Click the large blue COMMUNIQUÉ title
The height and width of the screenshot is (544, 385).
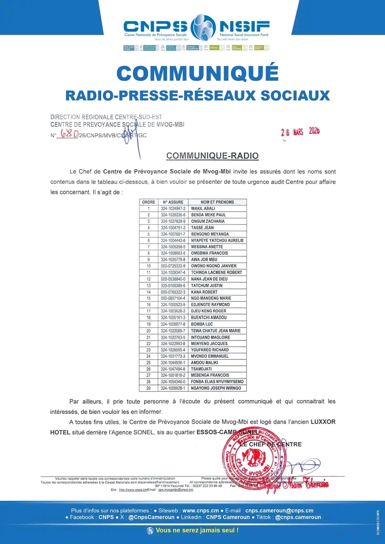click(198, 73)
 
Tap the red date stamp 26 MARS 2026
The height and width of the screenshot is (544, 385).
click(300, 132)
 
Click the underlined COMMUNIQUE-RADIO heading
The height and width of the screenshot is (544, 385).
click(212, 156)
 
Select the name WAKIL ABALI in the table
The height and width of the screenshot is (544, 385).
click(203, 208)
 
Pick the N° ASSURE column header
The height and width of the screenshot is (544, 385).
click(173, 202)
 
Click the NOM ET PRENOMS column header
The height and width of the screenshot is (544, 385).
click(217, 202)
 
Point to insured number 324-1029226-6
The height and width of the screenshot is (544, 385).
click(173, 215)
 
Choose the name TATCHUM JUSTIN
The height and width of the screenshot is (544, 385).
click(207, 286)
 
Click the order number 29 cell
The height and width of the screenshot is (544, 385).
click(149, 388)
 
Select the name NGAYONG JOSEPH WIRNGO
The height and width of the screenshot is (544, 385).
click(216, 388)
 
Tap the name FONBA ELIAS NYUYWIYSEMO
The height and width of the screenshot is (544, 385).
click(217, 382)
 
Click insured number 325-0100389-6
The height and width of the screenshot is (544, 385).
click(173, 286)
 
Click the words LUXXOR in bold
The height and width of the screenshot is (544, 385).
click(323, 422)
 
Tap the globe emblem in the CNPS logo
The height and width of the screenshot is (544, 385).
click(203, 27)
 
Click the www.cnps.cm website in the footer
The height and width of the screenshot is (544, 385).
click(200, 511)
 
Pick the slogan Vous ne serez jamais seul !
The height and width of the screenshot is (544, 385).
click(197, 530)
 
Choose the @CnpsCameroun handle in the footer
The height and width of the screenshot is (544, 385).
click(151, 517)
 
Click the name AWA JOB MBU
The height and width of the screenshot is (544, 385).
click(204, 260)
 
